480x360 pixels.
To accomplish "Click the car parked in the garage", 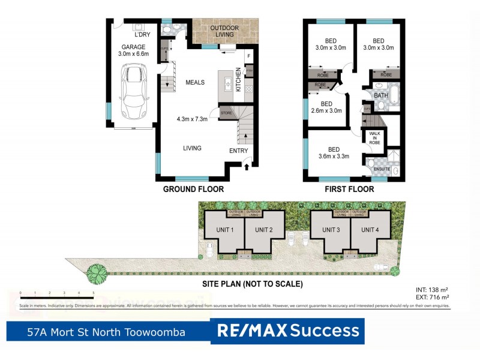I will (x=133, y=92).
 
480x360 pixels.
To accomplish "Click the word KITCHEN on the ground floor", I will (x=238, y=79).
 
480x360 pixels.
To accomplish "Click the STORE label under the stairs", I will (x=226, y=112).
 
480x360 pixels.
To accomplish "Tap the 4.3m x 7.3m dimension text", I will (x=191, y=119).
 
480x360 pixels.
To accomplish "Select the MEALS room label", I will (x=195, y=83).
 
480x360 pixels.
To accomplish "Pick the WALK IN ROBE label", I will (x=375, y=139).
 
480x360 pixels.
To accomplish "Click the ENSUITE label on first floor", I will (x=382, y=169).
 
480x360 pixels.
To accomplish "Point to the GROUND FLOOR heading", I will (x=193, y=189).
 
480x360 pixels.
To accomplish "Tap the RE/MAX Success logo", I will (x=287, y=331).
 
